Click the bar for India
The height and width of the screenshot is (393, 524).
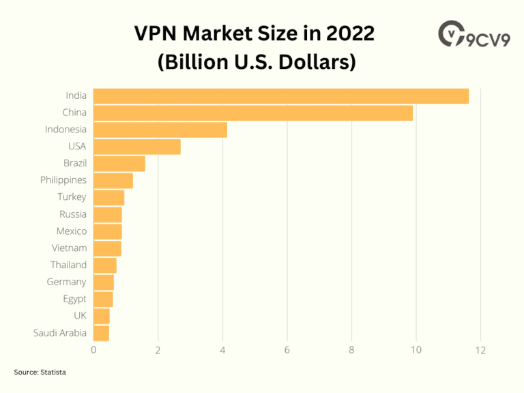(280, 96)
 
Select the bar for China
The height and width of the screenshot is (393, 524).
(252, 113)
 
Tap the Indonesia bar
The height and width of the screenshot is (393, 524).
(160, 130)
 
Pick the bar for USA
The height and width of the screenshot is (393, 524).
(136, 147)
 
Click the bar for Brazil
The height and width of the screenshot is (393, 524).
(119, 164)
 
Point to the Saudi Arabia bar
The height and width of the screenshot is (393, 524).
(101, 333)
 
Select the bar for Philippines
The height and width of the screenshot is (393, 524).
(113, 181)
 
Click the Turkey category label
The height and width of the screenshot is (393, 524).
(72, 197)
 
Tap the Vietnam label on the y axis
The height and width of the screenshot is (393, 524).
(69, 248)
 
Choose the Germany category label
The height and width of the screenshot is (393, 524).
(66, 282)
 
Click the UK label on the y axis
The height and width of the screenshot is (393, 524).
(80, 316)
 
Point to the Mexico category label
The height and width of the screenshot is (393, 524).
(71, 231)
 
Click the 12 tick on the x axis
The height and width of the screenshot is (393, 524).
(480, 351)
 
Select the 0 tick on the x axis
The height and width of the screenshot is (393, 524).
(93, 351)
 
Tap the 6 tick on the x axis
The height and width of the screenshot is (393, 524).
(287, 351)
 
